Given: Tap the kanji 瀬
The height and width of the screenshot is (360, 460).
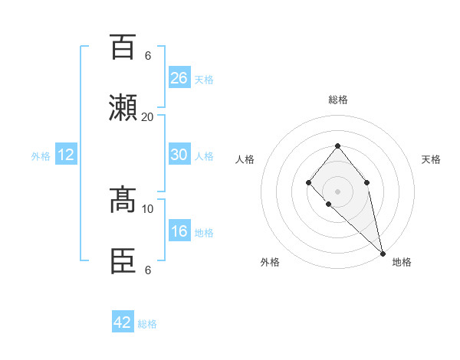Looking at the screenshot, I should [123, 107].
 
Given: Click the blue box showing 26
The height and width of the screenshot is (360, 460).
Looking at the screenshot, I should [179, 78].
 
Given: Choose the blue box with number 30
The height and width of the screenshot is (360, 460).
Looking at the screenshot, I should [179, 155].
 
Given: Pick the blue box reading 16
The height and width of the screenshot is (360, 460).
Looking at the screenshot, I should [179, 231].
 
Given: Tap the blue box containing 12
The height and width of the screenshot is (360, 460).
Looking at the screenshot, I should [66, 155].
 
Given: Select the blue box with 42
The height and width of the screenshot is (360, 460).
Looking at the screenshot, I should [123, 322].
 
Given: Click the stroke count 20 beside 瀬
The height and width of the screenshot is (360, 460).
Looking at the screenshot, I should [148, 116].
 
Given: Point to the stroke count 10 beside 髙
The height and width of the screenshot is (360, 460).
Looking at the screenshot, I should [148, 208].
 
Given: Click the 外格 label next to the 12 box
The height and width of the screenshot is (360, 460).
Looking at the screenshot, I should [41, 155].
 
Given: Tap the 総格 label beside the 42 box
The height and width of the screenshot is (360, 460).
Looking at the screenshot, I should [148, 323].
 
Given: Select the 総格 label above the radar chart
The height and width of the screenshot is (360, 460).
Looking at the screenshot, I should [338, 100].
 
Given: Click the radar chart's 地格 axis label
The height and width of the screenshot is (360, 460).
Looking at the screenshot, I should [402, 262].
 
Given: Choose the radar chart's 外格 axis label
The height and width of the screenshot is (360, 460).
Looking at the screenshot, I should [270, 262].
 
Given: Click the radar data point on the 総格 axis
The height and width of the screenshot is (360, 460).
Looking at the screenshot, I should [337, 146].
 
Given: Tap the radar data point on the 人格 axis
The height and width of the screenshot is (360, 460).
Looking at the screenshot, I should [308, 182].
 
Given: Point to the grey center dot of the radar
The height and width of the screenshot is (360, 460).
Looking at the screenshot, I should [337, 191].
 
